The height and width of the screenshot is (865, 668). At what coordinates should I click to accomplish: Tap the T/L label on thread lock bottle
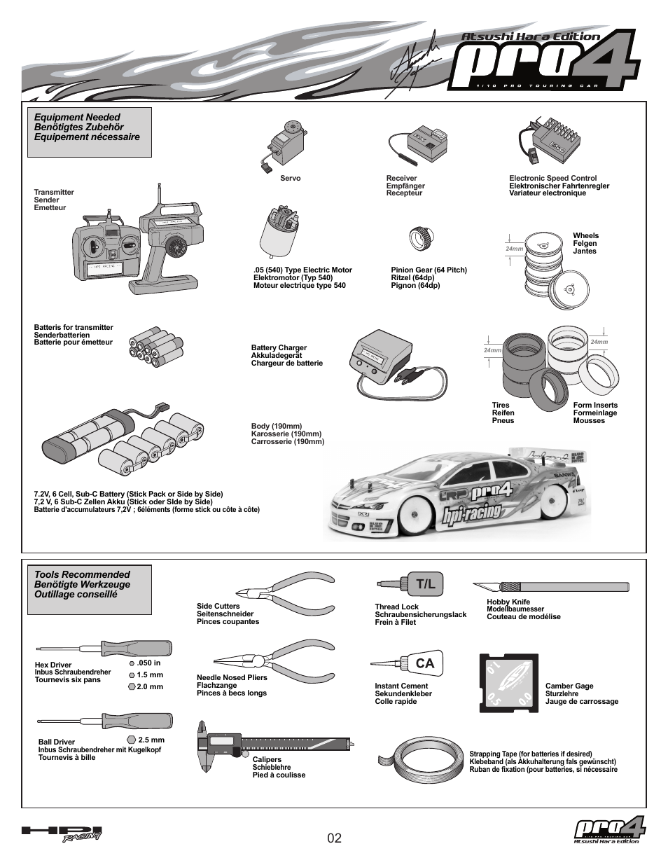click(425, 584)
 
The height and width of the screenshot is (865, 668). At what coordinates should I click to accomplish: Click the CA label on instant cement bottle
click(424, 663)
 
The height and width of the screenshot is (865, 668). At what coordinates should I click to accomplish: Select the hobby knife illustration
click(550, 587)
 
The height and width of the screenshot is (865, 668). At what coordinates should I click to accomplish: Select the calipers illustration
click(273, 742)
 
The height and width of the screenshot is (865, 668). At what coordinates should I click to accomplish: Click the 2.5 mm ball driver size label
click(151, 740)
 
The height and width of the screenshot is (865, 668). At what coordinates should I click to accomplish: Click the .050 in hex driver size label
click(148, 663)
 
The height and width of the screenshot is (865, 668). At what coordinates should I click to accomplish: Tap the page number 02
click(334, 838)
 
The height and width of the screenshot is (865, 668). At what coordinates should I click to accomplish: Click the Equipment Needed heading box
click(90, 132)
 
